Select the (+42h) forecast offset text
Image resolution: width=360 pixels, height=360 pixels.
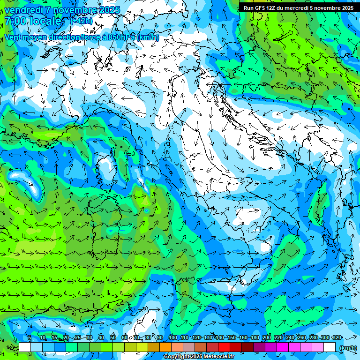[x=81, y=21]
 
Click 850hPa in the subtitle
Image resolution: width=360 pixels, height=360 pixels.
[x=120, y=37]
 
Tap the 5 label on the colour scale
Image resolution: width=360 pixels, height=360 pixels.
[x=30, y=337]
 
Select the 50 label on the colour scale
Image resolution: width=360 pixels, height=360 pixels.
[x=113, y=337]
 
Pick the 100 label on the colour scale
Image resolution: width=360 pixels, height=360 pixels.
[x=173, y=337]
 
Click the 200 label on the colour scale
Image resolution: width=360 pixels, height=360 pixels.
[x=267, y=337]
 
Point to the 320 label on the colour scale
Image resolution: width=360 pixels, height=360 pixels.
[x=337, y=337]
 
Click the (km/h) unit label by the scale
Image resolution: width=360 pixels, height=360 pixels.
[x=347, y=347]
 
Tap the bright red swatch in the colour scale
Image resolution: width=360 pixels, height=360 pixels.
[x=224, y=347]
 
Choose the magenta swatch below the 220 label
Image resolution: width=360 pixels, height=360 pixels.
[x=283, y=347]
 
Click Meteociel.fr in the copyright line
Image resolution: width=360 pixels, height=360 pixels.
[x=218, y=357]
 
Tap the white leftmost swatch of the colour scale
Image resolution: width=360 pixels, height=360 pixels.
[x=25, y=347]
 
